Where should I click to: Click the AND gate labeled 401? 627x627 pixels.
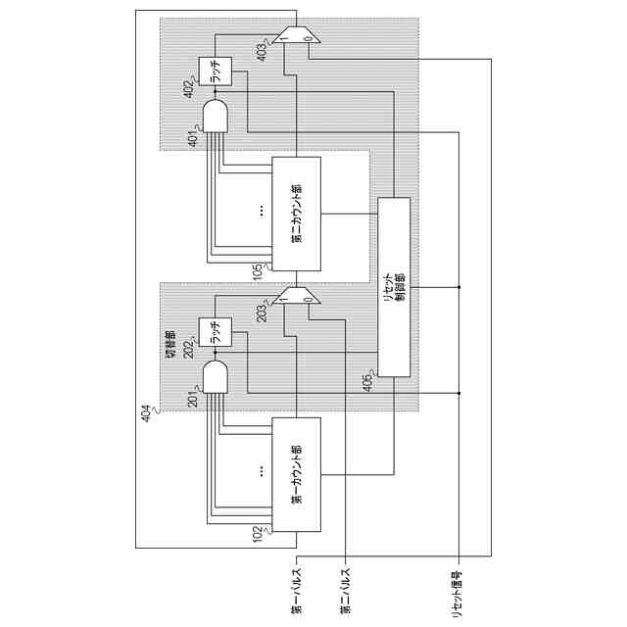[x=216, y=117]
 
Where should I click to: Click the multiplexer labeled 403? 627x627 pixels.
[x=296, y=35]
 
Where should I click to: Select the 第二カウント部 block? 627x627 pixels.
[x=297, y=215]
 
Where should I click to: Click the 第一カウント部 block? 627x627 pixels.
[x=297, y=474]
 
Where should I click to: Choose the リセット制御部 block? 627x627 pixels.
[x=394, y=287]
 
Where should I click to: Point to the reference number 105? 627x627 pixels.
[x=257, y=270]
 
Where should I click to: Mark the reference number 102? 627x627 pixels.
[x=258, y=530]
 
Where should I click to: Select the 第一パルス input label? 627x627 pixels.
[x=297, y=592]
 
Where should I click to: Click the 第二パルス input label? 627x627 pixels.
[x=345, y=592]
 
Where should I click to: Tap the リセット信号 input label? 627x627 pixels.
[x=458, y=591]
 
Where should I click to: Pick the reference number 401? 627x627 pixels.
[x=193, y=139]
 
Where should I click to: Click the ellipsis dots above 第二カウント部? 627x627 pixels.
[x=261, y=210]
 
